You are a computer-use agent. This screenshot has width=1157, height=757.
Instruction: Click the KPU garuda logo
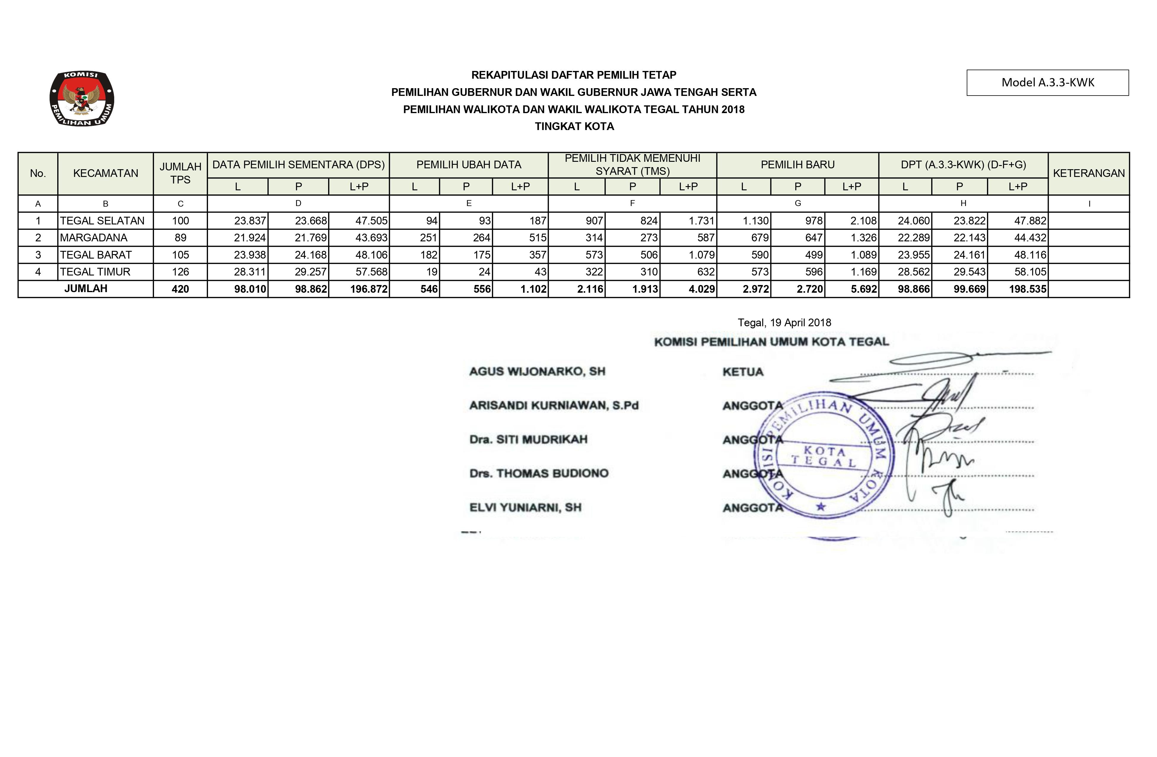82,98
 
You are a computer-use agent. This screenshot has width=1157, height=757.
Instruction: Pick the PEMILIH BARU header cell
797,165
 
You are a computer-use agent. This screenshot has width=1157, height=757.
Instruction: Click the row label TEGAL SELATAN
102,221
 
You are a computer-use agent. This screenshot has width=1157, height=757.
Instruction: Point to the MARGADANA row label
94,238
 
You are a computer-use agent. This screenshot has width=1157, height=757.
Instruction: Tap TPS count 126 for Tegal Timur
180,272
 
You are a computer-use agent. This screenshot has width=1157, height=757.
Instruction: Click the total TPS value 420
180,289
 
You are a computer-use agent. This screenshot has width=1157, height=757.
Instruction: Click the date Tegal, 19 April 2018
784,323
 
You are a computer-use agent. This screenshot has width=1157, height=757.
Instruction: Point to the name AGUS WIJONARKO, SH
537,372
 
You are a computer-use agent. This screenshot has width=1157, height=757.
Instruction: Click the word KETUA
743,372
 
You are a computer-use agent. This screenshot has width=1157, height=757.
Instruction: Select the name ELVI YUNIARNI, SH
525,507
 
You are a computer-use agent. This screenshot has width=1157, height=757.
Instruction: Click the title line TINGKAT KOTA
574,126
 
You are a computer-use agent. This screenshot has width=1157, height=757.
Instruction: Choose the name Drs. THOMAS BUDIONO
539,473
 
